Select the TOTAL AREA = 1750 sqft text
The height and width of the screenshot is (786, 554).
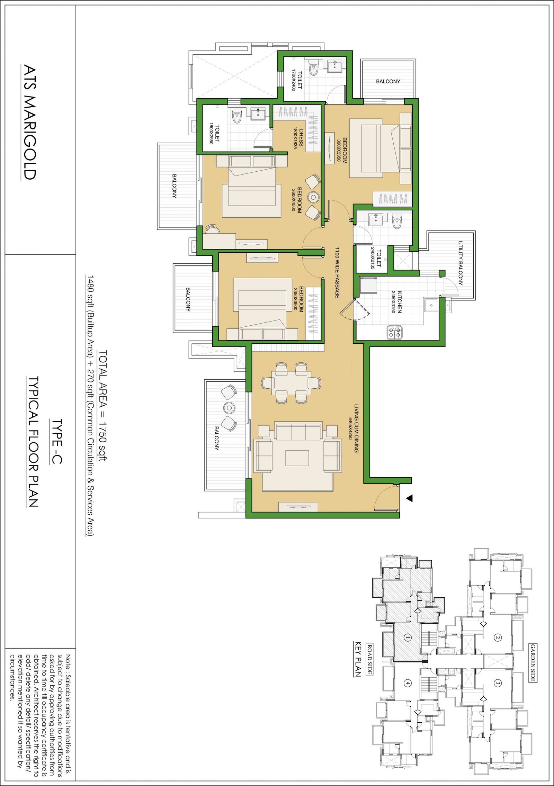tap(103, 406)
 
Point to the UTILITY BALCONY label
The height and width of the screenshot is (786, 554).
tap(461, 263)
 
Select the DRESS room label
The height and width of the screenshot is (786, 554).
tap(301, 138)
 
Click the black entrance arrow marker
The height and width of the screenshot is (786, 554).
tap(409, 498)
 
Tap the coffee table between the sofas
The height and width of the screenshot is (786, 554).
tap(297, 458)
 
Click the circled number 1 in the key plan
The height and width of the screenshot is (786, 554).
tap(408, 637)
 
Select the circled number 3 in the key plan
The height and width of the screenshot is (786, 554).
tap(498, 683)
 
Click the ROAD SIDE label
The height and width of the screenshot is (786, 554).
tap(369, 659)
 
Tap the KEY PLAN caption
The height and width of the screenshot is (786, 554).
tap(358, 659)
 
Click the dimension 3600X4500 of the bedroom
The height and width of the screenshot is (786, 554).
tap(294, 200)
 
